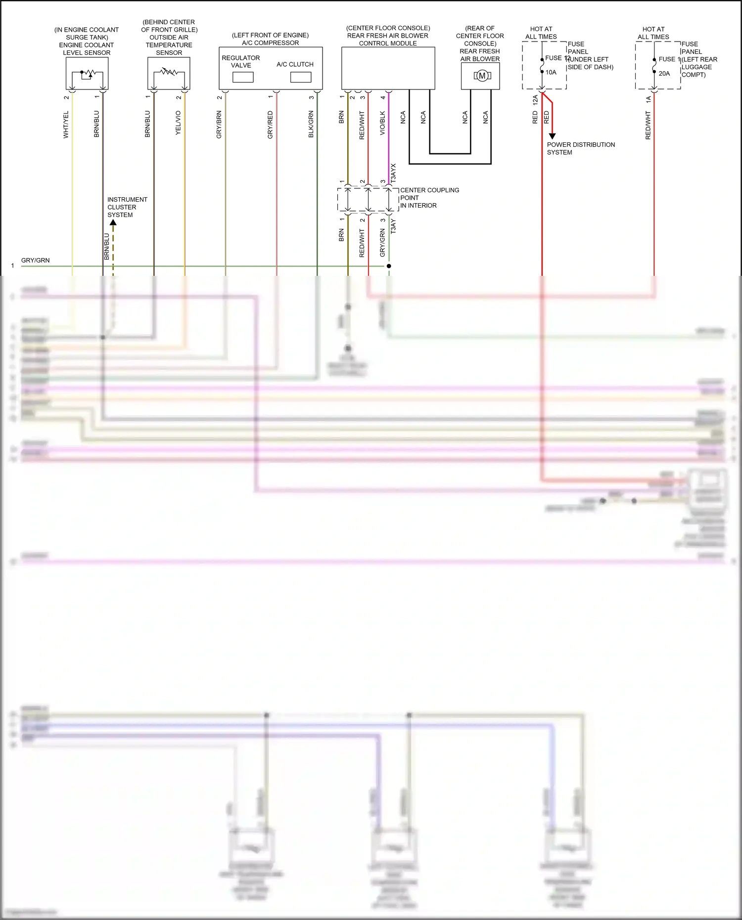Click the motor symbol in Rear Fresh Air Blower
pos(482,76)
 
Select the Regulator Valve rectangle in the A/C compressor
pos(243,77)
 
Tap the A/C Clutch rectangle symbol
pos(301,77)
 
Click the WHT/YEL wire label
pos(66,125)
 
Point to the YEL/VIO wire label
pos(179,123)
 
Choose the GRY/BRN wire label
pos(219,125)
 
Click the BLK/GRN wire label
pos(311,125)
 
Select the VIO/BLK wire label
pos(382,124)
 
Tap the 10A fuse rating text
pos(551,72)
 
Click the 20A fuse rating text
pos(664,74)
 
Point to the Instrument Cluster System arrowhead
pos(113,223)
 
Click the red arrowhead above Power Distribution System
pos(552,136)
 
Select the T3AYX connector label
pos(394,174)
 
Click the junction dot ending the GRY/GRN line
pos(389,266)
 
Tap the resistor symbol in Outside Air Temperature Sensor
pos(169,72)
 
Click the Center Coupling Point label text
pos(429,198)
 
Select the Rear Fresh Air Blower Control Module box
pos(388,68)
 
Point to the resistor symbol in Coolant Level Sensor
pos(89,74)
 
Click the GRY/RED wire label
pos(271,125)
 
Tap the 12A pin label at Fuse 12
pos(535,100)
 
